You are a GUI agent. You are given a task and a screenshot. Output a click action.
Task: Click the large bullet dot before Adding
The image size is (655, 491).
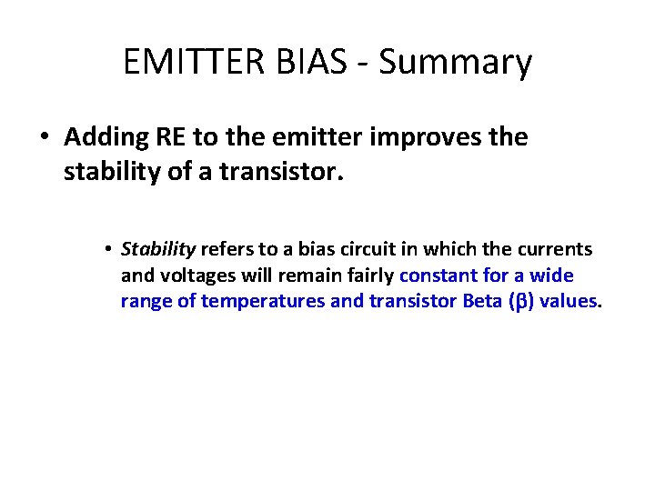(x=44, y=138)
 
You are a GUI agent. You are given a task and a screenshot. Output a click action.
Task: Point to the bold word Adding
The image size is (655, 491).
(x=101, y=137)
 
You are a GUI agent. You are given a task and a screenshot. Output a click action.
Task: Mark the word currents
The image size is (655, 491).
(x=553, y=249)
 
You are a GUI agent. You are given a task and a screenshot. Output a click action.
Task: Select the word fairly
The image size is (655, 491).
(x=369, y=276)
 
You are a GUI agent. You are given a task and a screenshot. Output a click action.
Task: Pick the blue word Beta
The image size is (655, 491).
(x=481, y=301)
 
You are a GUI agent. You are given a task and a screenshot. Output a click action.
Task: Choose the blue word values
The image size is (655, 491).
(x=568, y=301)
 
